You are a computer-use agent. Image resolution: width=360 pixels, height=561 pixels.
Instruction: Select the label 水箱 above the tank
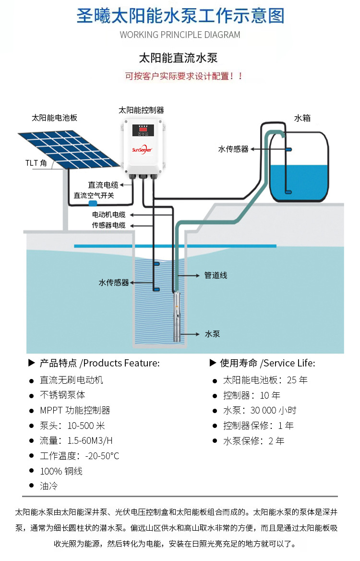302,118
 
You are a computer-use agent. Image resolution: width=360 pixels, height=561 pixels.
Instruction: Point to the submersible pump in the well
178,317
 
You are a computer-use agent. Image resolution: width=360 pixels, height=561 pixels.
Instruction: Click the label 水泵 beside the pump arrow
212,334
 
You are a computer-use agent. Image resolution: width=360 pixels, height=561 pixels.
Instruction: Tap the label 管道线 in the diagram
216,275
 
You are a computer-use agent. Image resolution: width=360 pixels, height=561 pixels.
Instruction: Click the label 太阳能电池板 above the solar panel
54,118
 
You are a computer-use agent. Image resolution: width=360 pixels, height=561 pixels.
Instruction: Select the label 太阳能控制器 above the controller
141,110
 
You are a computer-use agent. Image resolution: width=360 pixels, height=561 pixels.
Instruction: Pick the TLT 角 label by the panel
36,163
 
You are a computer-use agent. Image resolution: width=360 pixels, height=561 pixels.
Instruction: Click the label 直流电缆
103,184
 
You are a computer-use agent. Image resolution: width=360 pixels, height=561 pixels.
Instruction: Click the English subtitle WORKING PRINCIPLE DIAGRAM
180,35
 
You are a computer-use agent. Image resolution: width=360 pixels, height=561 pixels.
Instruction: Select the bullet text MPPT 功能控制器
75,410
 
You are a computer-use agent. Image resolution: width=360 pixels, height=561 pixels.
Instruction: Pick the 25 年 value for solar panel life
297,380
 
